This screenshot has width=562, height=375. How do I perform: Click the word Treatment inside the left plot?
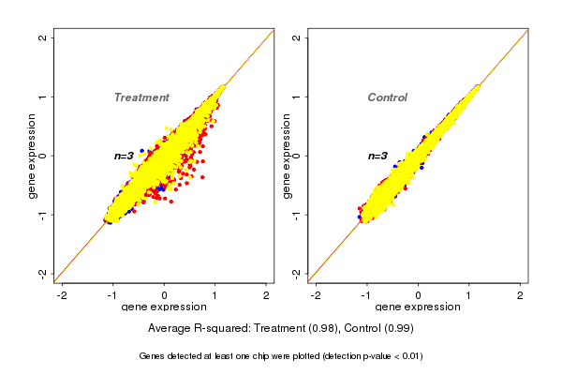tap(141, 97)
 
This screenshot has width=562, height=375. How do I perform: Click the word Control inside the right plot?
tap(388, 97)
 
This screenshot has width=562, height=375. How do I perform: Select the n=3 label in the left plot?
tap(125, 156)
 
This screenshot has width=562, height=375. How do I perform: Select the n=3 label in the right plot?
tap(377, 156)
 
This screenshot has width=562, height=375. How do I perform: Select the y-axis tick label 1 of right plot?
tap(297, 97)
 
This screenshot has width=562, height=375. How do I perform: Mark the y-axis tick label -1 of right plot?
tap(297, 214)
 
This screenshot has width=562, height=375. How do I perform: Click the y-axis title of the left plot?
tap(32, 156)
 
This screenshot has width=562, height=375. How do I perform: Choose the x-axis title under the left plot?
tap(164, 307)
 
